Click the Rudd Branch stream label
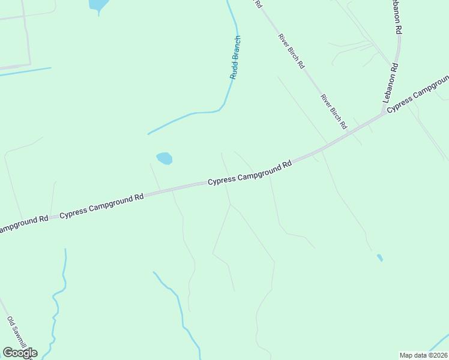[235, 57]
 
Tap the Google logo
[20, 353]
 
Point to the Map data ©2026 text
[424, 355]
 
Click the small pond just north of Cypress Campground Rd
[164, 158]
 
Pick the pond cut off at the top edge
[98, 5]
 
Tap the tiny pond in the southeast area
[379, 257]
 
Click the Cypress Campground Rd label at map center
[250, 172]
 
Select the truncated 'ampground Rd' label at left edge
[23, 223]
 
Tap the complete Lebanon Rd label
[390, 88]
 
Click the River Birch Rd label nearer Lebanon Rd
[334, 112]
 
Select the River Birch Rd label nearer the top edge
[291, 51]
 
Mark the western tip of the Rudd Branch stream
[148, 134]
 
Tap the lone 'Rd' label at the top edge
[259, 4]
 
